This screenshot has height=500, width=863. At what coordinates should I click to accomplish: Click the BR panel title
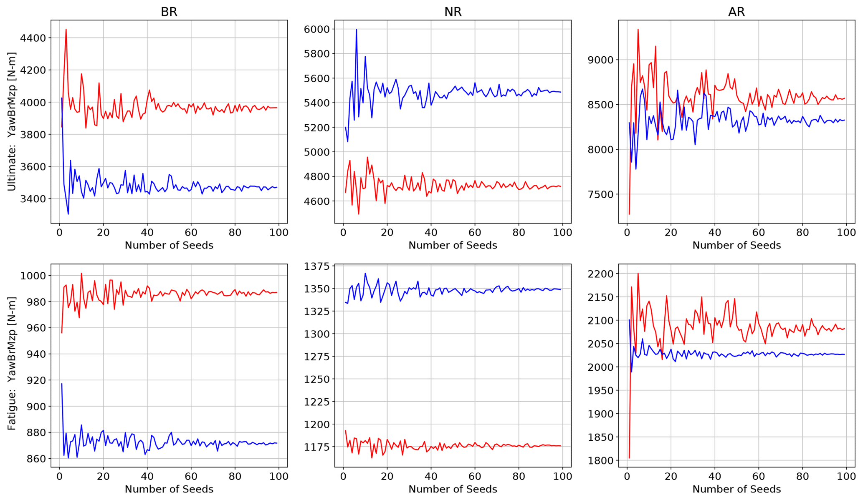pyautogui.click(x=169, y=12)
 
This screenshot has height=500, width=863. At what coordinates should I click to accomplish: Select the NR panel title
pyautogui.click(x=453, y=12)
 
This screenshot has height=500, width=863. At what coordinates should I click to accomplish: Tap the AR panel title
pyautogui.click(x=736, y=12)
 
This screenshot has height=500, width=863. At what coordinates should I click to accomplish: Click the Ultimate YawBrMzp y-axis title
pyautogui.click(x=12, y=122)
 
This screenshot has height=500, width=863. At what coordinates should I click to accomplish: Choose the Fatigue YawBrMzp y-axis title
pyautogui.click(x=12, y=364)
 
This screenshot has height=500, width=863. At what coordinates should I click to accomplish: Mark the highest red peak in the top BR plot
pyautogui.click(x=66, y=30)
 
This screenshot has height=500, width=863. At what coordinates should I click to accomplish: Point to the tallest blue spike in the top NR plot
pyautogui.click(x=356, y=29)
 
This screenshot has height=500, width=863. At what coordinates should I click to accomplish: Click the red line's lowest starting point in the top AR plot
pyautogui.click(x=629, y=214)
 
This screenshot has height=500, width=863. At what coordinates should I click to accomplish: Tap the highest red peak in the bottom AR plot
pyautogui.click(x=638, y=273)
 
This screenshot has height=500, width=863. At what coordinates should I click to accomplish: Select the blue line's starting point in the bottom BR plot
pyautogui.click(x=62, y=384)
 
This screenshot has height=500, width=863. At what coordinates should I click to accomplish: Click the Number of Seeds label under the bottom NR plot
pyautogui.click(x=453, y=489)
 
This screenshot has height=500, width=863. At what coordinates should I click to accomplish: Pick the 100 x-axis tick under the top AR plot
pyautogui.click(x=846, y=232)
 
